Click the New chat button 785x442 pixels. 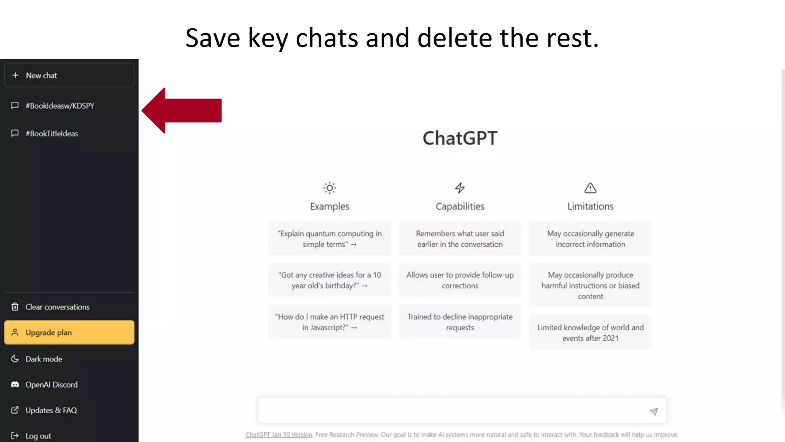(69, 76)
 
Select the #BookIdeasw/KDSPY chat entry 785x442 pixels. (60, 106)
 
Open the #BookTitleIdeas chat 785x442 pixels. (52, 134)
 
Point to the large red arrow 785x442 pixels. (182, 110)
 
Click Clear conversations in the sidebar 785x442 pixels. (57, 307)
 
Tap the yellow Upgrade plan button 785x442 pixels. (69, 333)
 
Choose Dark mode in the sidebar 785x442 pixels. (44, 359)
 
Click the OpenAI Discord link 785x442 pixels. (51, 385)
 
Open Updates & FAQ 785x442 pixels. (51, 411)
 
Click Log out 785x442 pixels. (38, 436)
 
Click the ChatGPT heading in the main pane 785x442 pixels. (460, 138)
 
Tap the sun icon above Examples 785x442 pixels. (330, 188)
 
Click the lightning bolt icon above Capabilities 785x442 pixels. (460, 188)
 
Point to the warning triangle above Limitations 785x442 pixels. (590, 188)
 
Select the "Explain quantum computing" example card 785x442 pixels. (330, 239)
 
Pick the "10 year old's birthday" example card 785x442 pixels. (330, 280)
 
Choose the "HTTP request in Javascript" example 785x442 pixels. (330, 322)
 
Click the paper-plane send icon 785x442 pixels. (654, 411)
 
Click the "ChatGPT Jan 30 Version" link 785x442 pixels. (279, 435)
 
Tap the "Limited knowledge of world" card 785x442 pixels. (590, 333)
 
